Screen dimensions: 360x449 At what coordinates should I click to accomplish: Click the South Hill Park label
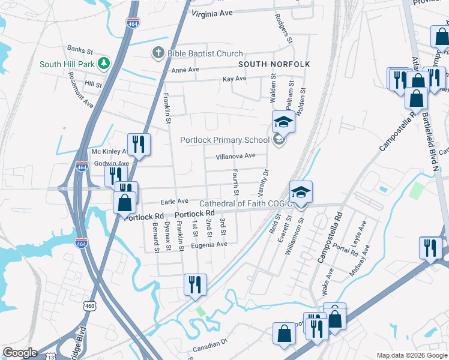[x=67, y=64]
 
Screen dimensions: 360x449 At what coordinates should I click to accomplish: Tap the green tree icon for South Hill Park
[x=104, y=63]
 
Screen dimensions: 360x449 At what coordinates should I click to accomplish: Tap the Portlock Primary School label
[x=225, y=140]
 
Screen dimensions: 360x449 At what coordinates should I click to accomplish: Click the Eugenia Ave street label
[x=209, y=244]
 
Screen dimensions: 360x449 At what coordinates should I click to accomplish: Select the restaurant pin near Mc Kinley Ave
[x=139, y=144]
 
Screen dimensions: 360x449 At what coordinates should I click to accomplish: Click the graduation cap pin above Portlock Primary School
[x=283, y=122]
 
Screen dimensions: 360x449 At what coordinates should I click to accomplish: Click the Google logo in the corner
[x=20, y=353]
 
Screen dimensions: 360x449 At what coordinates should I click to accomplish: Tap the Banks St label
[x=80, y=50]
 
